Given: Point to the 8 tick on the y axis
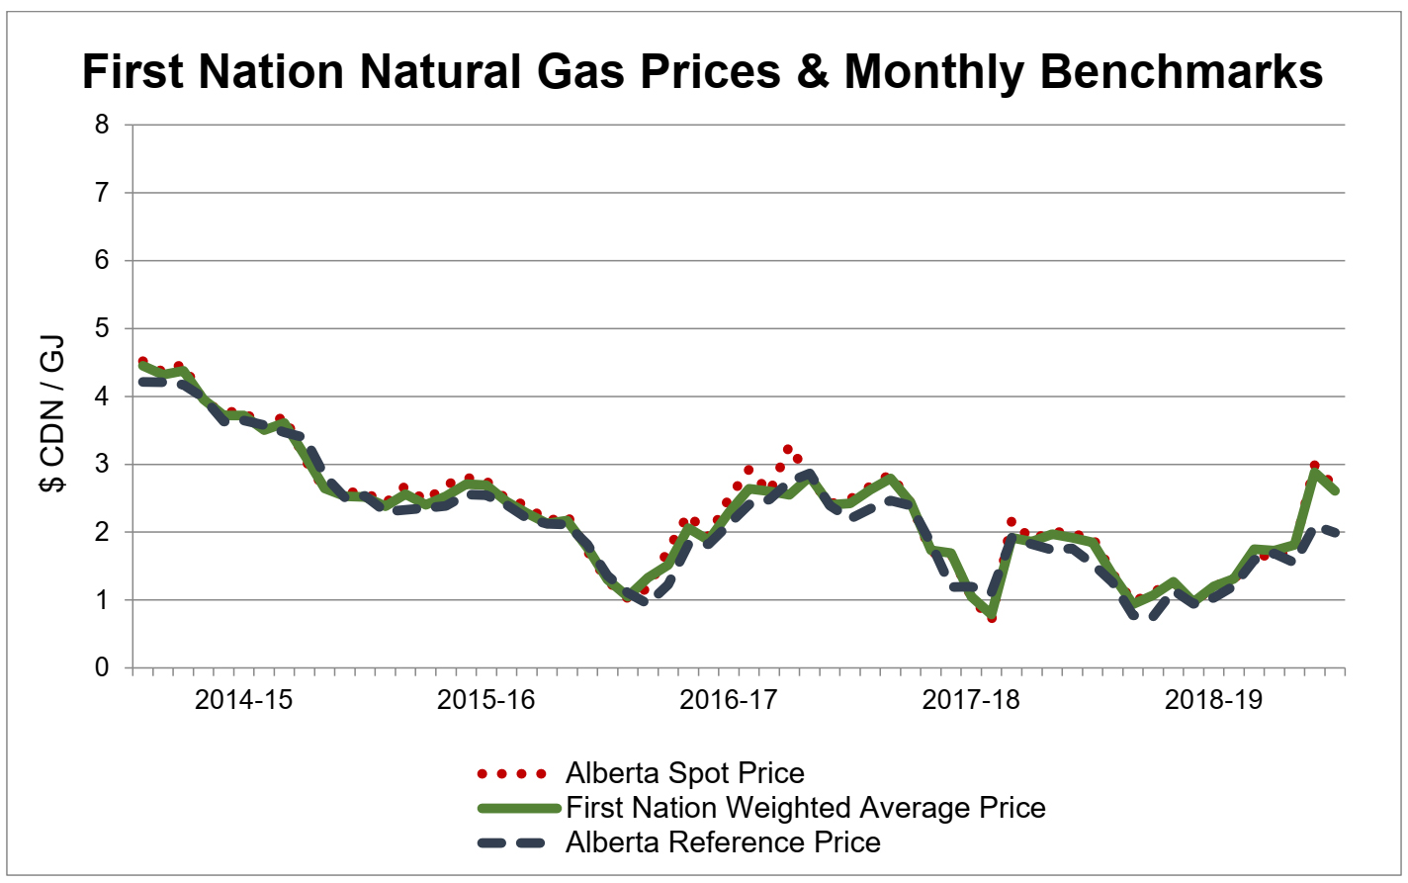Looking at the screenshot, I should [102, 126].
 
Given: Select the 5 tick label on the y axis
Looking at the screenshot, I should [102, 329].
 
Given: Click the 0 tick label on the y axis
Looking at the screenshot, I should [102, 668].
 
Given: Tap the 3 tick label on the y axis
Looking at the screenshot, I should [102, 465].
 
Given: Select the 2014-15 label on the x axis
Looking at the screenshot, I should [243, 700].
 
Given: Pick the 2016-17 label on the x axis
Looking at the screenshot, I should [729, 700].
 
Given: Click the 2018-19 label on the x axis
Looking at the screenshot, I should [1213, 700].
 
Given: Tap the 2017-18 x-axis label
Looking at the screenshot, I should [971, 700].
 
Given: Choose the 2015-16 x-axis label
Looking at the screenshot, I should [485, 700].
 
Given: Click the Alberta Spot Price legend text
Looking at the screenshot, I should [684, 773].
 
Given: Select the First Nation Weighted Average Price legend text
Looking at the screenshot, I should [805, 808].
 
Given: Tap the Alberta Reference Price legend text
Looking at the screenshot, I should [723, 842].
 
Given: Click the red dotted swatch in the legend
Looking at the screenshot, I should [511, 773].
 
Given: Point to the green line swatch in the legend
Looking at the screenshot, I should [511, 808].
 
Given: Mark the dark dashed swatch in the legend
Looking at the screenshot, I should [511, 842].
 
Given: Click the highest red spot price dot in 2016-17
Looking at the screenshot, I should [787, 449].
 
